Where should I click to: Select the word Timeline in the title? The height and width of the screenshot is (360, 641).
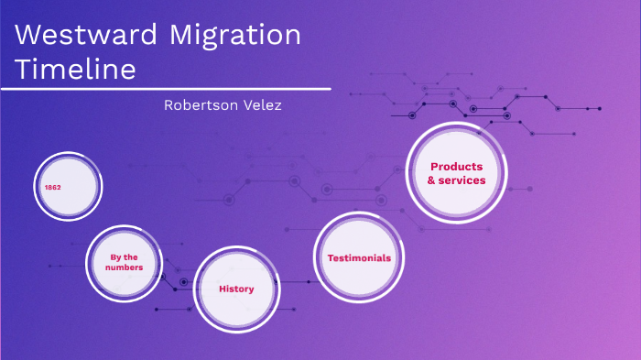pos(76,70)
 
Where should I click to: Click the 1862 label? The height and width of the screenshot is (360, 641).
pos(53,187)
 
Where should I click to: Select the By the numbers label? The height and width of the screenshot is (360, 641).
pos(125,262)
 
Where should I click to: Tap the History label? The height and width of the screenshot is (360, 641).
pos(236,289)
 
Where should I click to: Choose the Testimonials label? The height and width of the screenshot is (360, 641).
pos(359,258)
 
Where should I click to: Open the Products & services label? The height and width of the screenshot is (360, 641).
pos(457,173)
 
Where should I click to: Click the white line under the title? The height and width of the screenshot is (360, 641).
pos(165,89)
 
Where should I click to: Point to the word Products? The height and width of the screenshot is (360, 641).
pos(457,167)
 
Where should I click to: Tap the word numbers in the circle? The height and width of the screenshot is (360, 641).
pos(125,267)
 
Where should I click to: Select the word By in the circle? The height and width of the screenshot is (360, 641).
pos(115,256)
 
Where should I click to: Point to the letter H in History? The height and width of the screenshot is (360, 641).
pos(223,289)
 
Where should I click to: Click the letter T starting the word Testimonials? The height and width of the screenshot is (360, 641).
pos(331,258)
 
